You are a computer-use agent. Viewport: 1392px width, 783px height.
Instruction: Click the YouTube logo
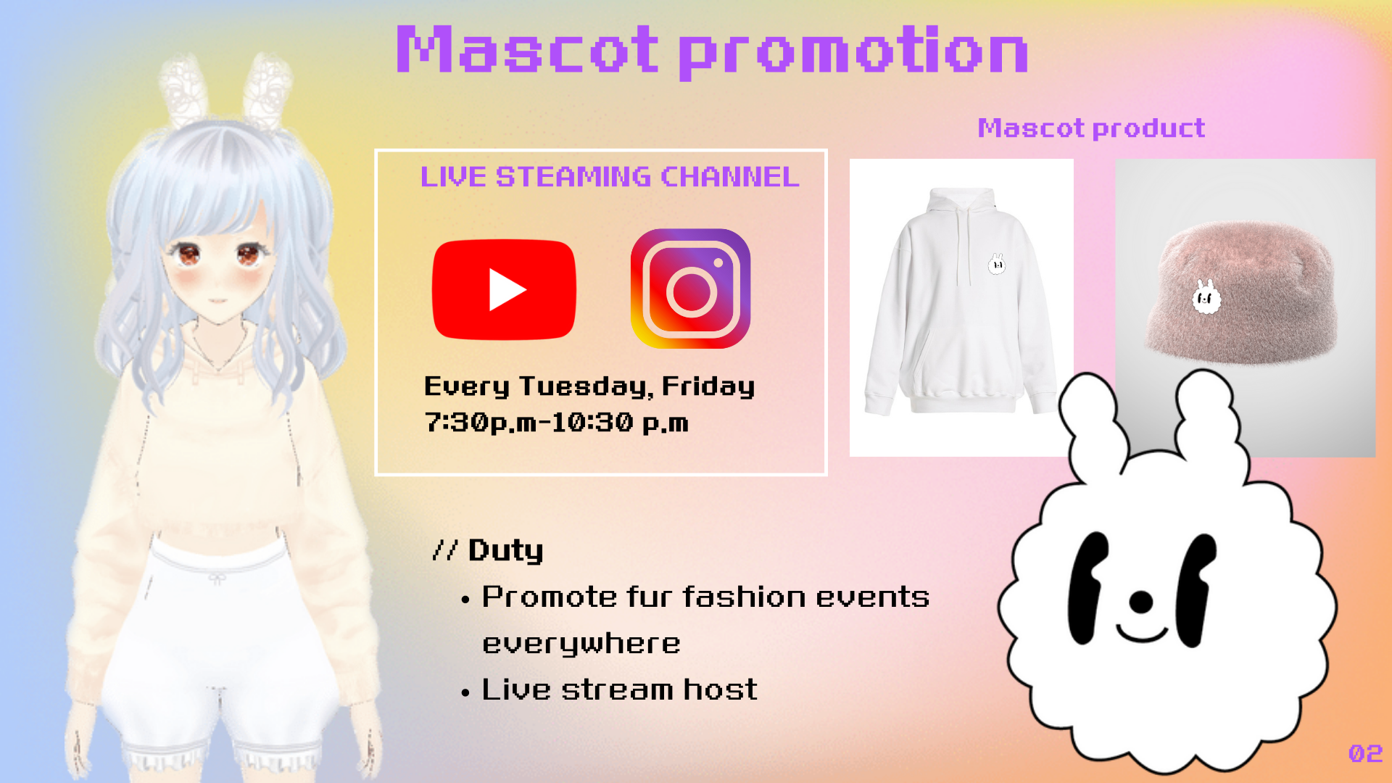pyautogui.click(x=504, y=289)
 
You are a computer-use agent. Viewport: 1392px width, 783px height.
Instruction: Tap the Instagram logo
pyautogui.click(x=690, y=289)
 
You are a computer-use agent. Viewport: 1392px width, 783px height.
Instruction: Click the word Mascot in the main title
pyautogui.click(x=527, y=49)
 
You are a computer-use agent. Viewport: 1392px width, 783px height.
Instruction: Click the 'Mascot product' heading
pyautogui.click(x=1091, y=128)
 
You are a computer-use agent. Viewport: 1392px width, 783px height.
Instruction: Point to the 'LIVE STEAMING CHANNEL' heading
pyautogui.click(x=610, y=177)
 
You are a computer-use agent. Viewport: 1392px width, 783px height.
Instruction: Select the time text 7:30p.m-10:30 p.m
pyautogui.click(x=556, y=423)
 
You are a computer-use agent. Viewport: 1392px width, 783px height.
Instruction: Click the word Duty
pyautogui.click(x=505, y=551)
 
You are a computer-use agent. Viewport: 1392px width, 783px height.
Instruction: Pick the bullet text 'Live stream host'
pyautogui.click(x=619, y=689)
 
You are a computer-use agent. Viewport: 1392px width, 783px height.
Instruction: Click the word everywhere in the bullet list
pyautogui.click(x=581, y=644)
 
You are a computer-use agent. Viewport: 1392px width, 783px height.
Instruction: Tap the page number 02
pyautogui.click(x=1365, y=754)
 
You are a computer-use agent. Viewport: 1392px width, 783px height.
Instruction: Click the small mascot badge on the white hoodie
pyautogui.click(x=997, y=264)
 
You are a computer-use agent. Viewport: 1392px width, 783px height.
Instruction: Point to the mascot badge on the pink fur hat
pyautogui.click(x=1206, y=297)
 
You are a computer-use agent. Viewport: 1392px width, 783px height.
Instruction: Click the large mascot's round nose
pyautogui.click(x=1141, y=601)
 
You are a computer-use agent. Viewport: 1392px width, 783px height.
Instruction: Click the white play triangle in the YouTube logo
pyautogui.click(x=506, y=289)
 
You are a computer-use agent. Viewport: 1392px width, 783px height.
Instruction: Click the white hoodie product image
pyautogui.click(x=961, y=307)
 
